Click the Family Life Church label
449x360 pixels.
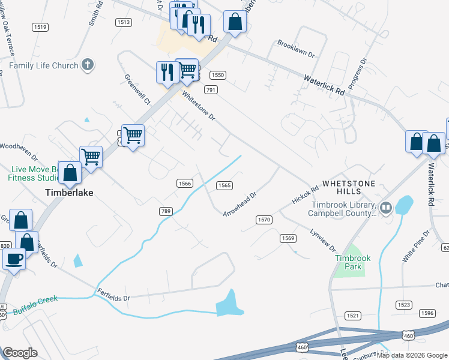44,65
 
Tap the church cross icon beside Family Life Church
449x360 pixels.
88,65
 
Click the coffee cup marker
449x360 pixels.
14,259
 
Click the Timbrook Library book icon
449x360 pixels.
385,208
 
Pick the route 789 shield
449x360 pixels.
166,211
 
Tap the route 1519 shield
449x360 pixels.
41,27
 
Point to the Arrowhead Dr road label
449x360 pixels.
240,205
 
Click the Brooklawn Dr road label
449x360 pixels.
296,49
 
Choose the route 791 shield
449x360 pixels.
210,89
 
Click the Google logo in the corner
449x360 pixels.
20,353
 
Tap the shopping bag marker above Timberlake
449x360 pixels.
71,173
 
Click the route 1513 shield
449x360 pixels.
124,22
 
